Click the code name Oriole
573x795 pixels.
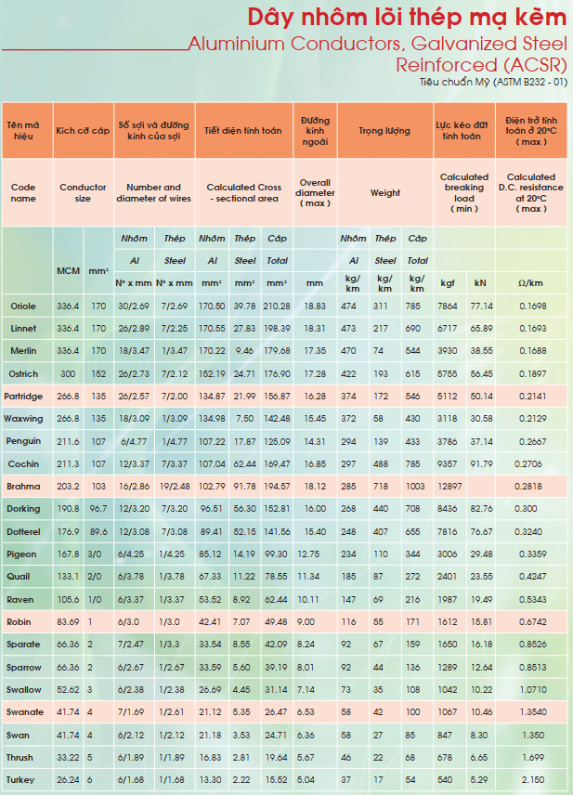coord(23,306)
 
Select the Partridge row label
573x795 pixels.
coord(23,397)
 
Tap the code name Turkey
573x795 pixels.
coord(20,780)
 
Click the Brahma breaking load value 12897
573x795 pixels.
coord(449,487)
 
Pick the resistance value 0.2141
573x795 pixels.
coord(533,396)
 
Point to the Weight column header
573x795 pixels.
coord(385,192)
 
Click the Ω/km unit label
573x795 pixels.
coord(530,283)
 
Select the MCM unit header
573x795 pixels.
coord(68,271)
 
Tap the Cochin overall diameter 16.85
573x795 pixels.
coord(315,464)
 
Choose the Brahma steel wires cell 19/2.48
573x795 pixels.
coord(175,487)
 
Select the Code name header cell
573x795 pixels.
coord(23,192)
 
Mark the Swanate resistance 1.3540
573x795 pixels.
coord(533,711)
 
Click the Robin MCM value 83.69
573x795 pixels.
coord(68,621)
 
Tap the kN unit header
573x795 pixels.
coord(480,283)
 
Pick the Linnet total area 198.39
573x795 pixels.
coord(277,329)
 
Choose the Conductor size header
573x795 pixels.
coord(83,192)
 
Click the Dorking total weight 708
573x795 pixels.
coord(412,509)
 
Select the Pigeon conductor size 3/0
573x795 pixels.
coord(95,554)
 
